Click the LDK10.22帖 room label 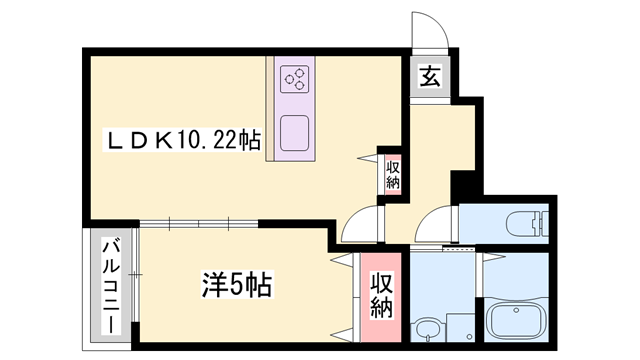point(183,140)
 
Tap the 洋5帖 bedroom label point(237,284)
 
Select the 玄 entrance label point(430,76)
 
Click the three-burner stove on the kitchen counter point(295,78)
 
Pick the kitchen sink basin point(294,133)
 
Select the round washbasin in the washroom point(427,329)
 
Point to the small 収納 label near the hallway point(393,175)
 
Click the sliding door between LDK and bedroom point(199,224)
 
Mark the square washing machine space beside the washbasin point(461,327)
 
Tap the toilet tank point(544,224)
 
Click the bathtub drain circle point(516,310)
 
